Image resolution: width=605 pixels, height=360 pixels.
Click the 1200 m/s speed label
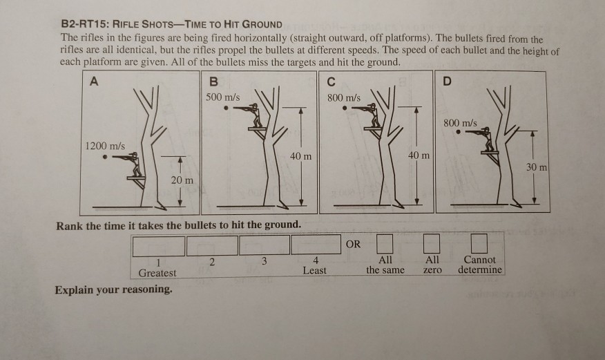click(x=104, y=146)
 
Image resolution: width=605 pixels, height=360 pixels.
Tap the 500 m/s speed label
click(x=223, y=97)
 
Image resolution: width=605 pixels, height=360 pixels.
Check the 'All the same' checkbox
click(x=384, y=245)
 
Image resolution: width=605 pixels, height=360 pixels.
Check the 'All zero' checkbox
click(x=432, y=245)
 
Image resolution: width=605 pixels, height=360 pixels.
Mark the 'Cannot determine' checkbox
click(x=479, y=245)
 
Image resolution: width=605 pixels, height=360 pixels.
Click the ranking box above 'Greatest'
click(x=159, y=245)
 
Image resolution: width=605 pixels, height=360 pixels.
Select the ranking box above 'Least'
click(x=316, y=245)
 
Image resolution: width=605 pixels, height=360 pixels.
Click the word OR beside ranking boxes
click(x=353, y=244)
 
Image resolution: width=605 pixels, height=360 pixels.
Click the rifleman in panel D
click(x=487, y=139)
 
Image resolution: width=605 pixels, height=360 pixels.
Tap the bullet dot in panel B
click(x=226, y=108)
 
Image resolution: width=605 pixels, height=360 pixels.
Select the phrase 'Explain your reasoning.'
click(x=114, y=289)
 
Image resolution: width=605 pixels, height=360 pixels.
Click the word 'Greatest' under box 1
click(x=157, y=272)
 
